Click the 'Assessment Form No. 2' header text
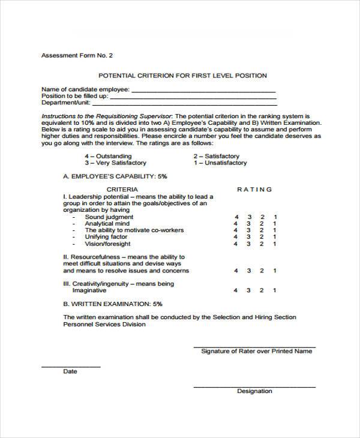(x=76, y=55)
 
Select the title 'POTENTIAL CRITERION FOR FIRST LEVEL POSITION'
(x=182, y=76)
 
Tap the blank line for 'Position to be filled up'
(x=193, y=97)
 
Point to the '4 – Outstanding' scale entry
(x=108, y=155)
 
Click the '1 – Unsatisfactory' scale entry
(x=220, y=163)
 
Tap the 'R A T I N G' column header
(x=254, y=190)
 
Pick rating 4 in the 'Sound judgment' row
(x=236, y=217)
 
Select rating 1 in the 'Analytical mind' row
(x=275, y=224)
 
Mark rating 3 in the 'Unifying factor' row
(x=249, y=237)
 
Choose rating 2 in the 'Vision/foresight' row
(x=262, y=244)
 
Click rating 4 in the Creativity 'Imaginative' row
(x=236, y=291)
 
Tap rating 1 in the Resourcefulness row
(x=275, y=271)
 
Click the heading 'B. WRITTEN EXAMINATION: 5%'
(x=112, y=304)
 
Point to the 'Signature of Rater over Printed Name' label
(x=256, y=351)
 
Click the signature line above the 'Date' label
(x=71, y=365)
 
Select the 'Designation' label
(x=254, y=391)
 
